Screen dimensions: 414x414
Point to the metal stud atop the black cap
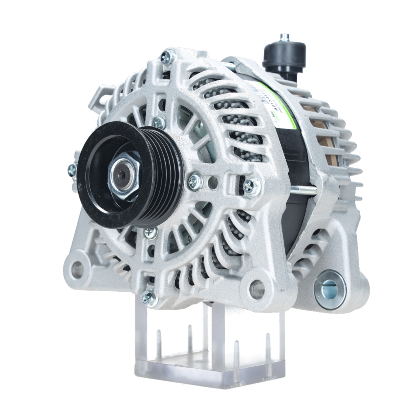(284, 37)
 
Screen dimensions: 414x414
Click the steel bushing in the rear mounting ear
(330, 289)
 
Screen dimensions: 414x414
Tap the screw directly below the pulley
(151, 232)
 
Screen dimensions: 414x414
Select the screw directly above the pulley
(159, 123)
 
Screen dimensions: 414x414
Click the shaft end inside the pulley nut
(121, 176)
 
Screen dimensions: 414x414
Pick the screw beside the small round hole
(195, 181)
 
